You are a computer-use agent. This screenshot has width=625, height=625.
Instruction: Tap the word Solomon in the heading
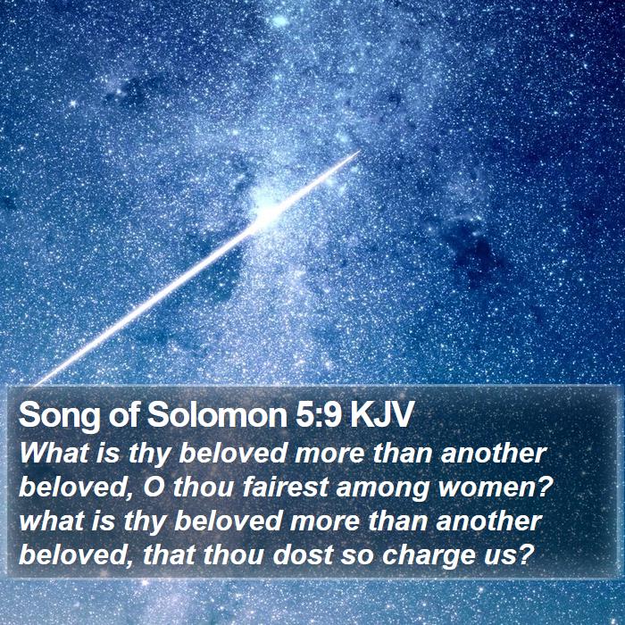click(217, 414)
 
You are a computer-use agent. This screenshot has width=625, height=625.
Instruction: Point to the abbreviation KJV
click(380, 415)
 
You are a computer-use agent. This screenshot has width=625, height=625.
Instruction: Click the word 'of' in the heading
click(123, 414)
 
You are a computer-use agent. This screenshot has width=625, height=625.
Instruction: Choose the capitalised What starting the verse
click(54, 454)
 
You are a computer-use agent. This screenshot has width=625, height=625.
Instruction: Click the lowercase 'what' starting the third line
click(52, 521)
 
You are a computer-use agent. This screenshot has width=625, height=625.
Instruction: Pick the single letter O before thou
click(154, 487)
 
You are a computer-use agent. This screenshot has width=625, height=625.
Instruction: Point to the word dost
click(303, 554)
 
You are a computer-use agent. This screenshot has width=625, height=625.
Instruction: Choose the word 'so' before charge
click(357, 557)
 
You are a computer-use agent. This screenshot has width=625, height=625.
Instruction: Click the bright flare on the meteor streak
click(266, 215)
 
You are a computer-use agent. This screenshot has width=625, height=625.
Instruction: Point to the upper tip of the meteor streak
click(360, 151)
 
